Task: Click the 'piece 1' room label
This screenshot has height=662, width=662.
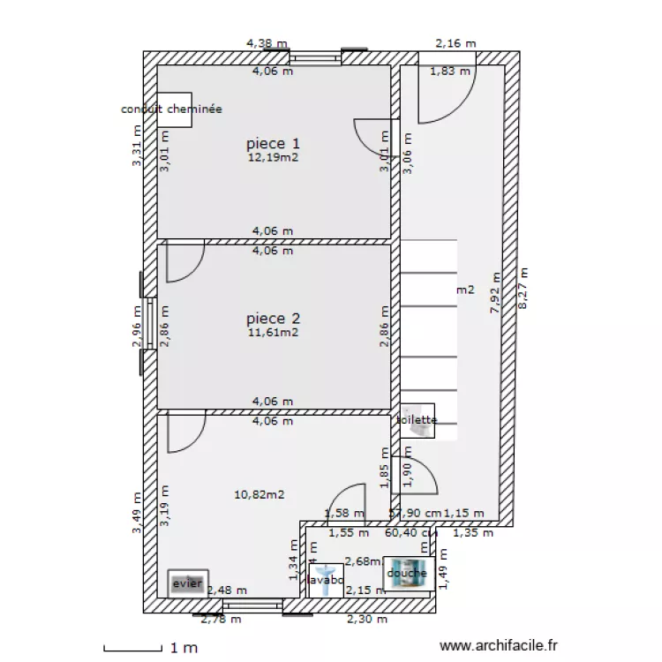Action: [x=273, y=143]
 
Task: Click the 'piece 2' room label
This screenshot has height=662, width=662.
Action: [x=273, y=319]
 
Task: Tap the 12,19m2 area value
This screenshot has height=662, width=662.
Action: [x=273, y=158]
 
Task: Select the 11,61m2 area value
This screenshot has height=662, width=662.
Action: [x=273, y=333]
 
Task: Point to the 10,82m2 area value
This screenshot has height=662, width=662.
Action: [x=259, y=496]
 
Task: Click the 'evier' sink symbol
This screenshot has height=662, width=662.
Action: [x=187, y=583]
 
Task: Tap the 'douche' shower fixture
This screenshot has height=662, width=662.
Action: [x=406, y=573]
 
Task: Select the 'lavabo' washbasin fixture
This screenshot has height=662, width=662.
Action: [x=326, y=581]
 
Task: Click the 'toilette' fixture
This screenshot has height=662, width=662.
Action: [x=418, y=422]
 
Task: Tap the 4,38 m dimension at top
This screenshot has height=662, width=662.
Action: [x=267, y=42]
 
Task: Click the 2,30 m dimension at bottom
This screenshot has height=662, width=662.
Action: [x=367, y=620]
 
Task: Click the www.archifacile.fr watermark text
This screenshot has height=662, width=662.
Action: [x=498, y=647]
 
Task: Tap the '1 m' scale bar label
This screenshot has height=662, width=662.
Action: [x=185, y=649]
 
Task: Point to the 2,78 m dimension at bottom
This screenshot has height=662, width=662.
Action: [x=221, y=620]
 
